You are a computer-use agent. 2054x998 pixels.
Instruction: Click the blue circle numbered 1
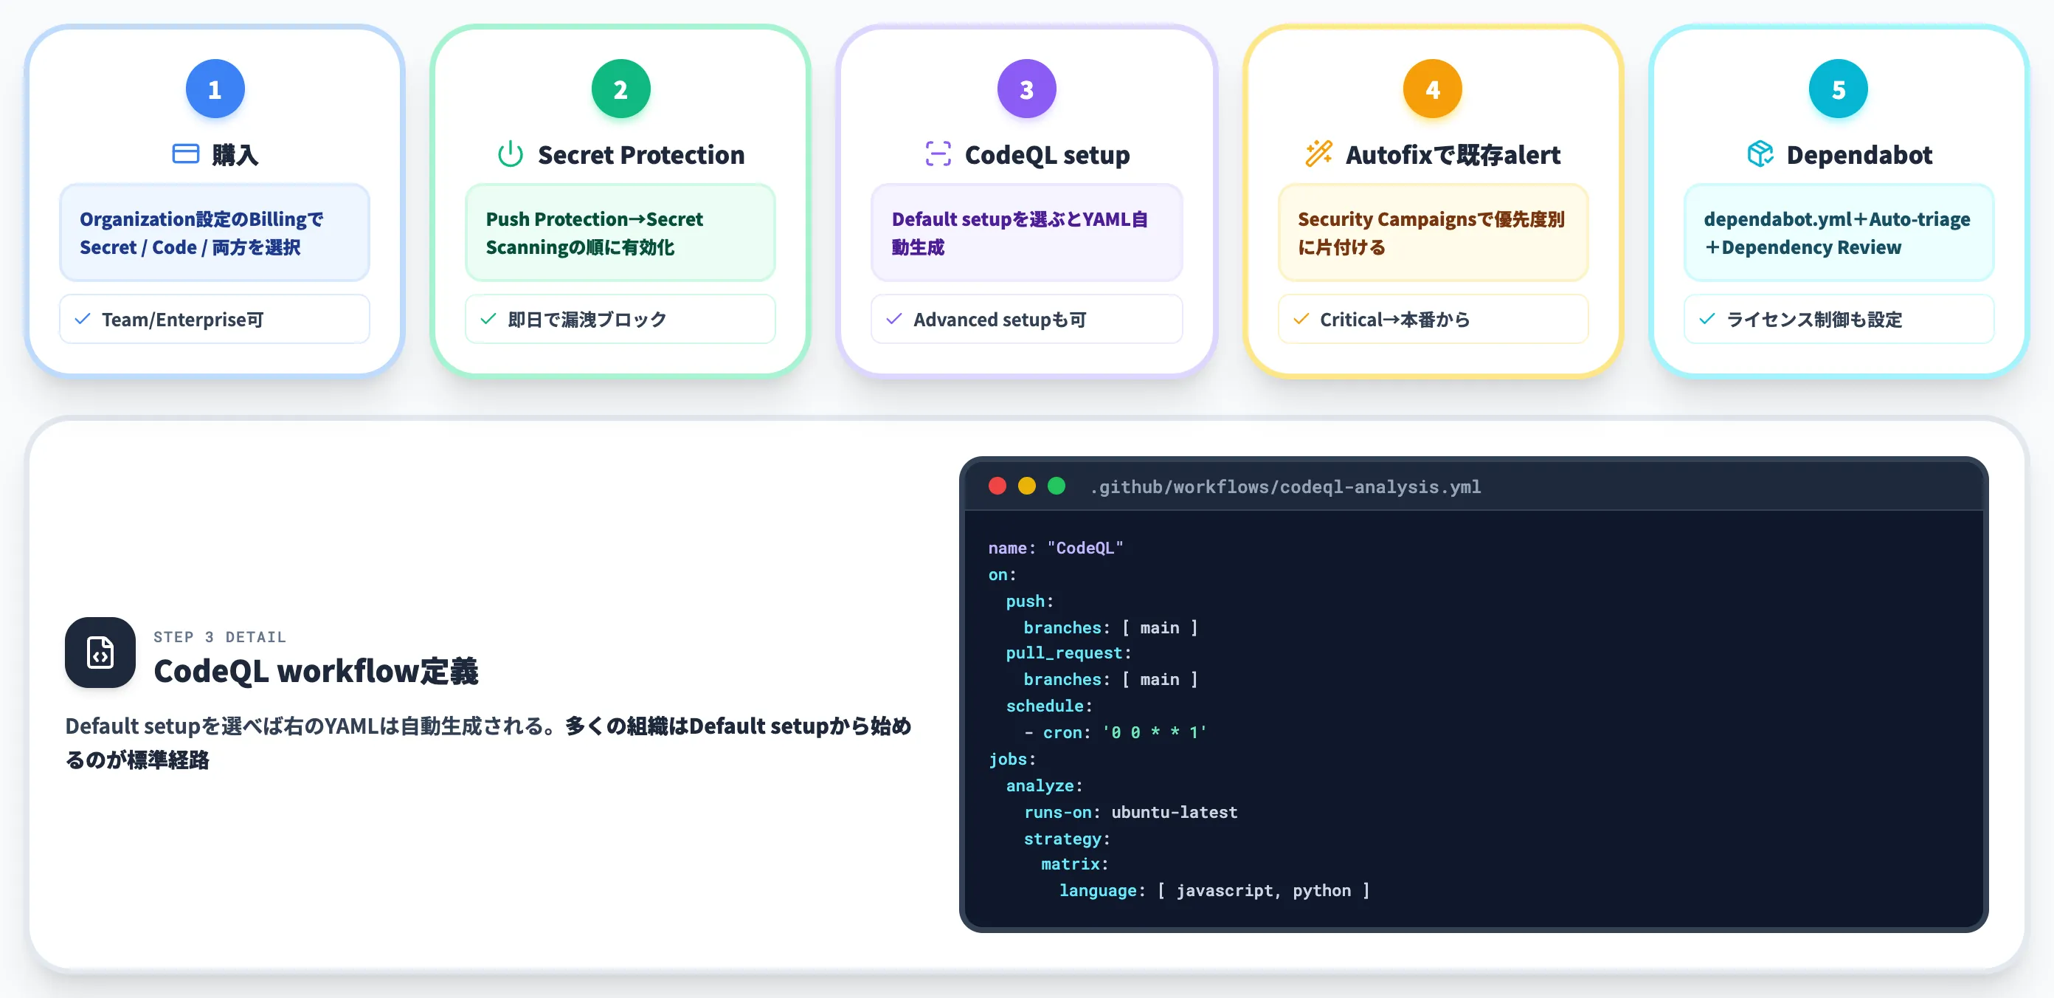[215, 89]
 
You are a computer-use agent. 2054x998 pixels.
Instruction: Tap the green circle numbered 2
[620, 89]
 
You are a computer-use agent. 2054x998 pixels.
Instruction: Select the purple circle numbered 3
[1026, 89]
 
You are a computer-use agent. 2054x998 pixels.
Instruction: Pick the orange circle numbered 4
[1432, 89]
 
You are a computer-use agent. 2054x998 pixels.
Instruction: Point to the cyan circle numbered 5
[1838, 89]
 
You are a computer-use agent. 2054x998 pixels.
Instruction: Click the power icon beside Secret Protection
[511, 154]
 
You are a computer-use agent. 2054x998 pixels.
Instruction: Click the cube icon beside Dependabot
[1760, 154]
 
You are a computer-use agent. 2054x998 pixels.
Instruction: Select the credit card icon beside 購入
[186, 154]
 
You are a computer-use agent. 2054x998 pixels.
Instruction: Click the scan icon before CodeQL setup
[938, 154]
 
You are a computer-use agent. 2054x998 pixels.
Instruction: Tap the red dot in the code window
[997, 486]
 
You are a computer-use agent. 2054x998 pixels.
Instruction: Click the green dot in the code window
[1056, 486]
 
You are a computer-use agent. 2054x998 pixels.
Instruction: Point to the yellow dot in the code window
[1026, 486]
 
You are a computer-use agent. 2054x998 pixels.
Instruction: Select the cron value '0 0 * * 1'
[1155, 732]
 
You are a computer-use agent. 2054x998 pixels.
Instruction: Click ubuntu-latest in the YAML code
[1175, 812]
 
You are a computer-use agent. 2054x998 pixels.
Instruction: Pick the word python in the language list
[1321, 890]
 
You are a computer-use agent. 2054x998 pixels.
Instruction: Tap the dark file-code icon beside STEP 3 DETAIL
[100, 652]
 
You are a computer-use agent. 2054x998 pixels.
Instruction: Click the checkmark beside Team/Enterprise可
[82, 319]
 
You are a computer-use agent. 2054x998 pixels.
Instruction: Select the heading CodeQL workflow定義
[316, 671]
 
